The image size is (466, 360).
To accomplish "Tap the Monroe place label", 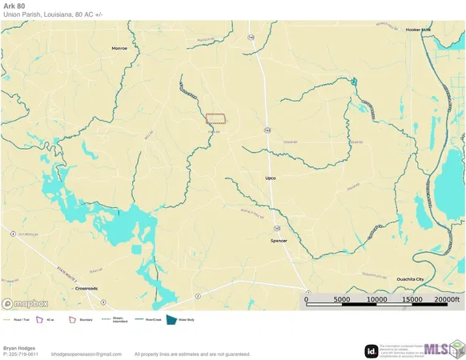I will coord(119,49).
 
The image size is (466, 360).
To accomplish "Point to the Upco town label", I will coord(270,178).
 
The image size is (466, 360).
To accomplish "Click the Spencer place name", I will coord(279,241).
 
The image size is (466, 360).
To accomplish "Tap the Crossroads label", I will coord(86,288).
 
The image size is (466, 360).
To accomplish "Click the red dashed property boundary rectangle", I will coord(215,118).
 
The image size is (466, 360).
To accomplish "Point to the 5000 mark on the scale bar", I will coord(341,300).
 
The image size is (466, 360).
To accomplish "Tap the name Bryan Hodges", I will coord(18,348).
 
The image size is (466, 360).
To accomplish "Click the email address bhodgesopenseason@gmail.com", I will coord(86,354).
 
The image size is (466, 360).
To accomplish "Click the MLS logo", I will coord(442,350).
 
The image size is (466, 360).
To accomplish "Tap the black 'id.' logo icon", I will coord(372,350).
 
